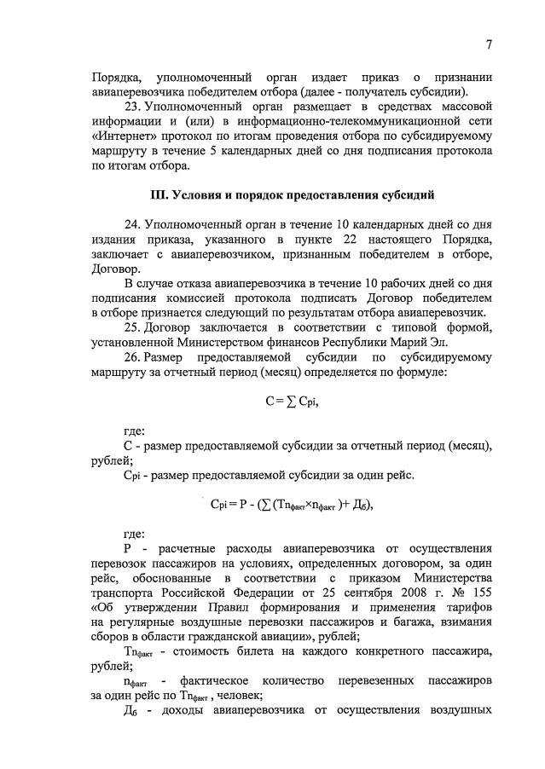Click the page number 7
pyautogui.click(x=490, y=43)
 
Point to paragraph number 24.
pyautogui.click(x=132, y=223)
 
